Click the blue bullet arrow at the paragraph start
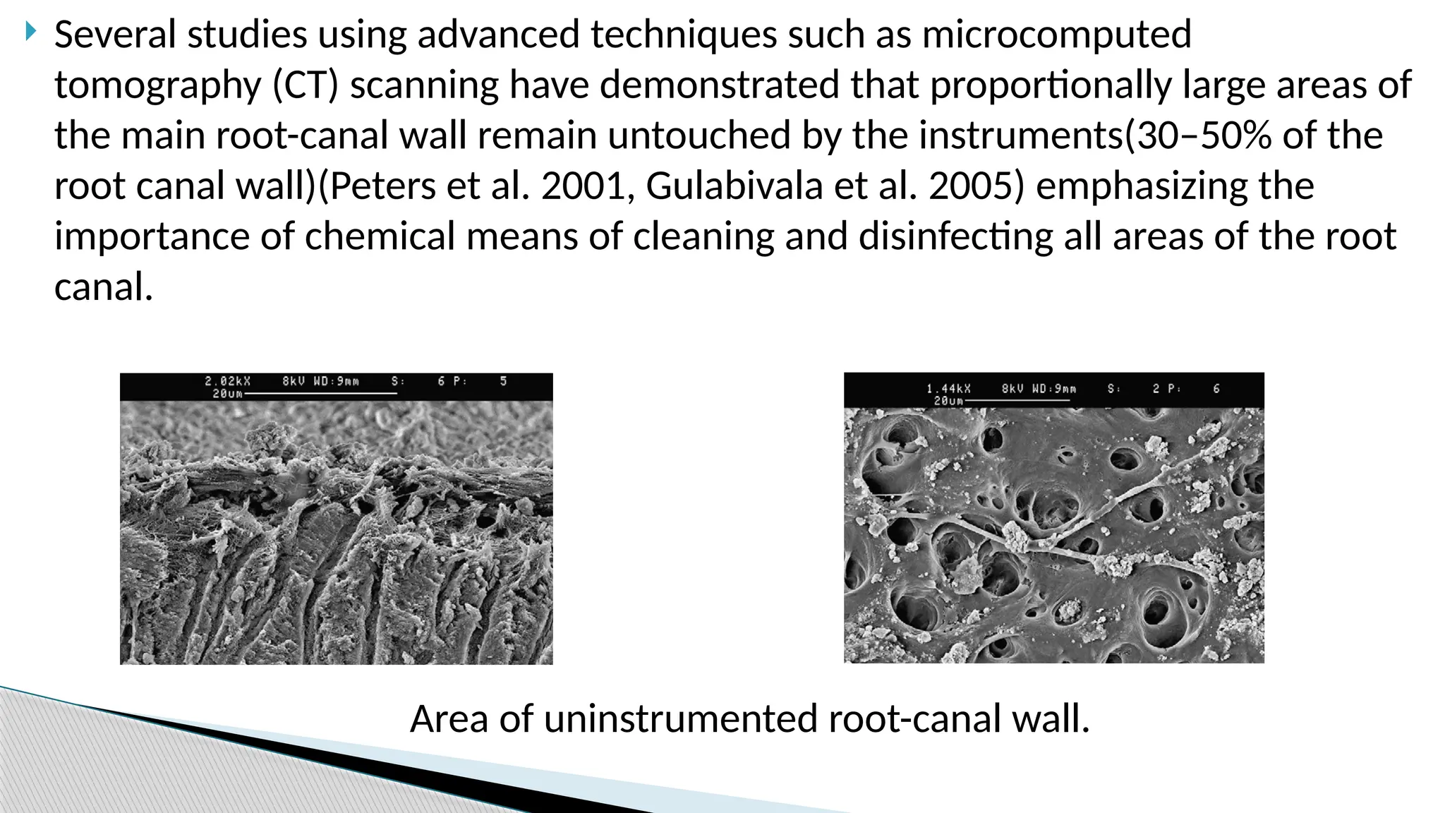[30, 31]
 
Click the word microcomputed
[1056, 34]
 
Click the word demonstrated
[719, 85]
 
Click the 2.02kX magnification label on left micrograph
[227, 381]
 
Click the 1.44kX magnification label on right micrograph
[948, 389]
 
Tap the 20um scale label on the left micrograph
[227, 394]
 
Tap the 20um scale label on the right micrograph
[948, 401]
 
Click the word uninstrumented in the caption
[681, 719]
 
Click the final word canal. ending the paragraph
[104, 287]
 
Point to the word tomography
[158, 85]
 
